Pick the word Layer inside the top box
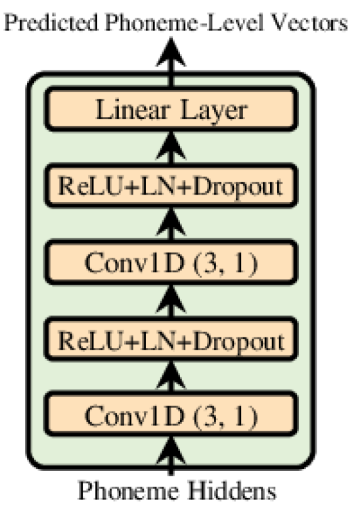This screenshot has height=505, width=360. [x=216, y=110]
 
